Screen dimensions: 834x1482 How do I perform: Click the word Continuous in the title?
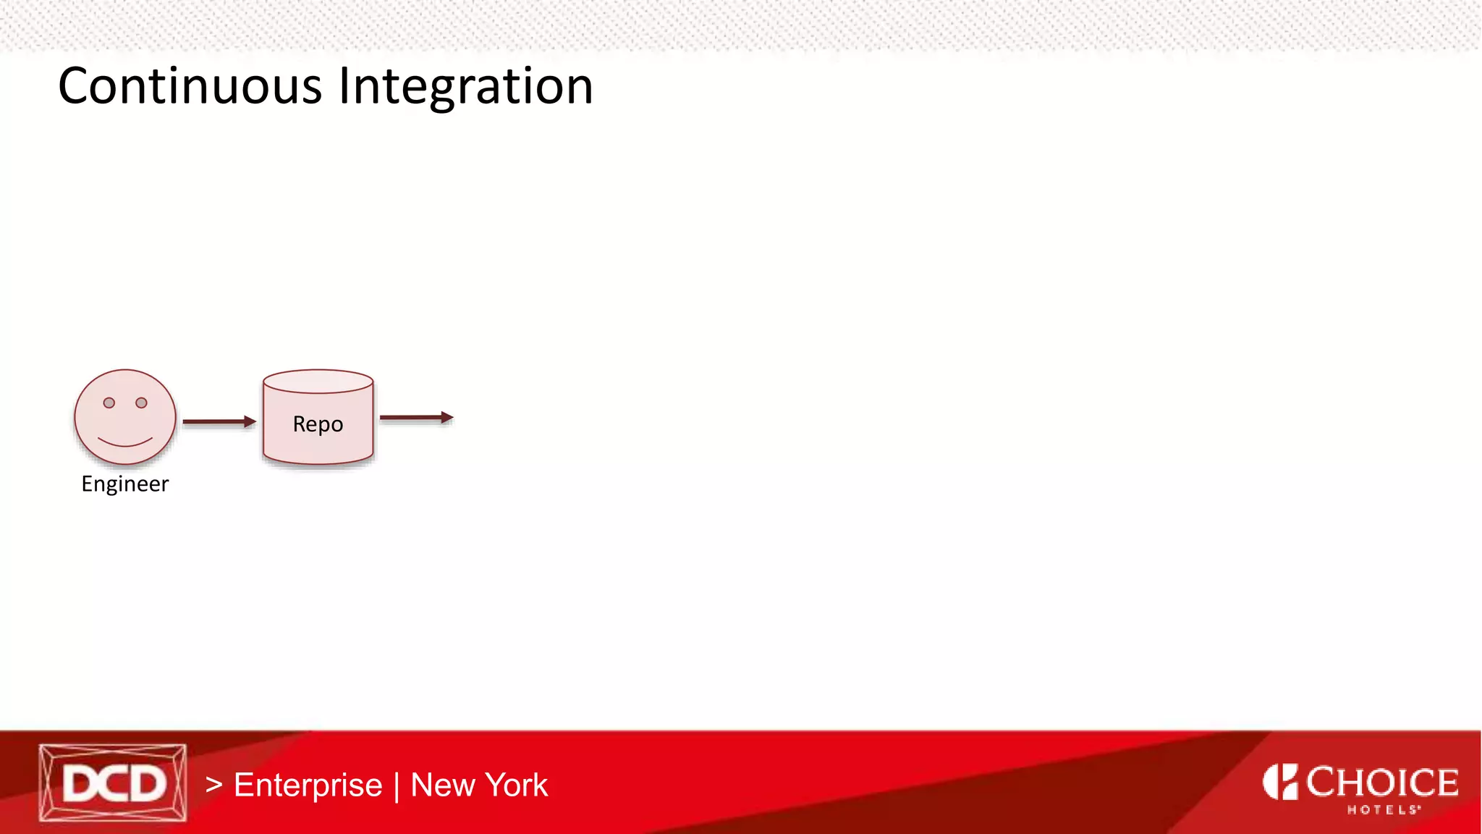[190, 86]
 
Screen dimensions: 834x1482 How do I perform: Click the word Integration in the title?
[466, 86]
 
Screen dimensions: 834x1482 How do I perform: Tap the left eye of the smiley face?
[109, 403]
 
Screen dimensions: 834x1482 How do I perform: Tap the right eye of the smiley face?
[142, 403]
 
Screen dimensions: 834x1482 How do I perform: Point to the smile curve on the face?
[125, 442]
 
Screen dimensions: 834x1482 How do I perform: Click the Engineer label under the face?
[124, 484]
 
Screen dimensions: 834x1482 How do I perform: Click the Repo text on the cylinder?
[318, 424]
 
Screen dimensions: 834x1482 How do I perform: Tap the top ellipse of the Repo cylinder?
[318, 381]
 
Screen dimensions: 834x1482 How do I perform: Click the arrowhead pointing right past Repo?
[447, 418]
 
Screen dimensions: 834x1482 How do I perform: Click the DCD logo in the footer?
[113, 783]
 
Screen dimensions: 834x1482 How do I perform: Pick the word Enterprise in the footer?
[308, 785]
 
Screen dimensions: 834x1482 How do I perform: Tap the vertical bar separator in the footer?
[397, 787]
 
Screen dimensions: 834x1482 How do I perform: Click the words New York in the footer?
[479, 785]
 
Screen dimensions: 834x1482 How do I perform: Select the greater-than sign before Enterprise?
[213, 785]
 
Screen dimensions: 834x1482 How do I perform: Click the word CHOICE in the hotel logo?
[1382, 783]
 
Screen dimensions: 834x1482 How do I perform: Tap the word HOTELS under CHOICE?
[1383, 810]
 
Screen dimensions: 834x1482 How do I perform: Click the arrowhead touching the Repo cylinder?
[250, 421]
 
